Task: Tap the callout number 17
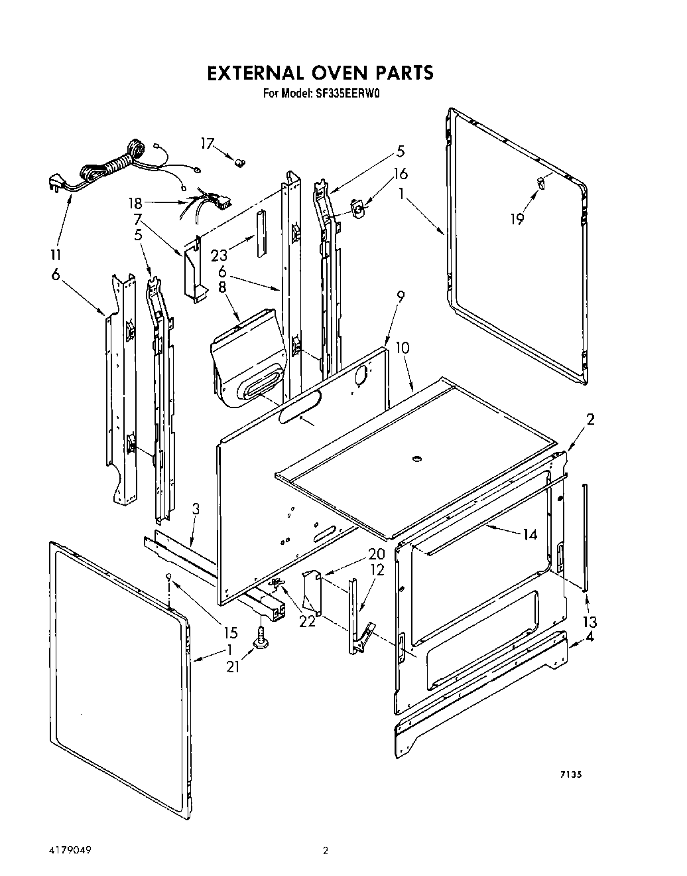[x=209, y=144]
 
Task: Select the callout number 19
[x=517, y=218]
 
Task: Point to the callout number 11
[x=56, y=254]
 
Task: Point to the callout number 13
[x=590, y=622]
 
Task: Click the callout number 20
[x=377, y=554]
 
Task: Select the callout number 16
[x=400, y=174]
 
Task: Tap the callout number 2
[x=590, y=419]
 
